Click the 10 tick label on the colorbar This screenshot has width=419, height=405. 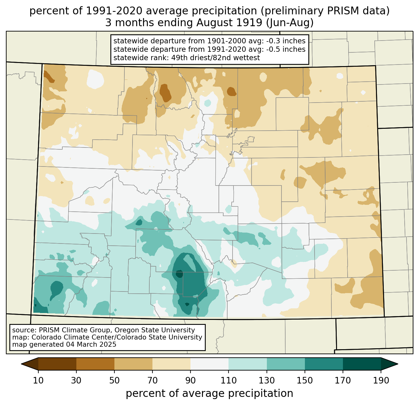[x=38, y=381]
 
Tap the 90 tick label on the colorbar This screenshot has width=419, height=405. [x=190, y=381]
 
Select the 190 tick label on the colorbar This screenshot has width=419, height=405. [x=381, y=381]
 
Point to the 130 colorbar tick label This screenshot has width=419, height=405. [x=267, y=381]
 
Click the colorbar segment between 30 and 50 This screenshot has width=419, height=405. [x=95, y=364]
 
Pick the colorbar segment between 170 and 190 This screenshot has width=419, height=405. [x=362, y=364]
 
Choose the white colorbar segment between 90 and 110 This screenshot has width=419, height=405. [x=209, y=364]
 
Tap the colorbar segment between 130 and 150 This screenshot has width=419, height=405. [x=286, y=364]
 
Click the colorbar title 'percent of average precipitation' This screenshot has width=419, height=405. [x=209, y=393]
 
